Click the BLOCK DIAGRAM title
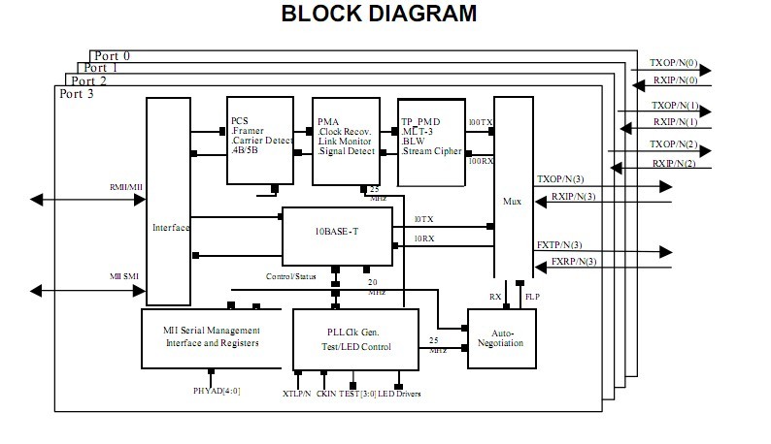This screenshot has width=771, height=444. click(x=379, y=15)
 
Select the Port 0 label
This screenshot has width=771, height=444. click(x=113, y=56)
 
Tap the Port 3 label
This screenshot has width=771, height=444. click(x=77, y=94)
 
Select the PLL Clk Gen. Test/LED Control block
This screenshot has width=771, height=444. click(x=355, y=339)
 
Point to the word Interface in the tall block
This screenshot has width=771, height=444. click(x=171, y=227)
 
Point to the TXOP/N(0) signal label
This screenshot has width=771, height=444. click(x=674, y=63)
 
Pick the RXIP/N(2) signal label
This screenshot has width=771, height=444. click(x=674, y=163)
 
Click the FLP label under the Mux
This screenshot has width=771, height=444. click(x=531, y=296)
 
